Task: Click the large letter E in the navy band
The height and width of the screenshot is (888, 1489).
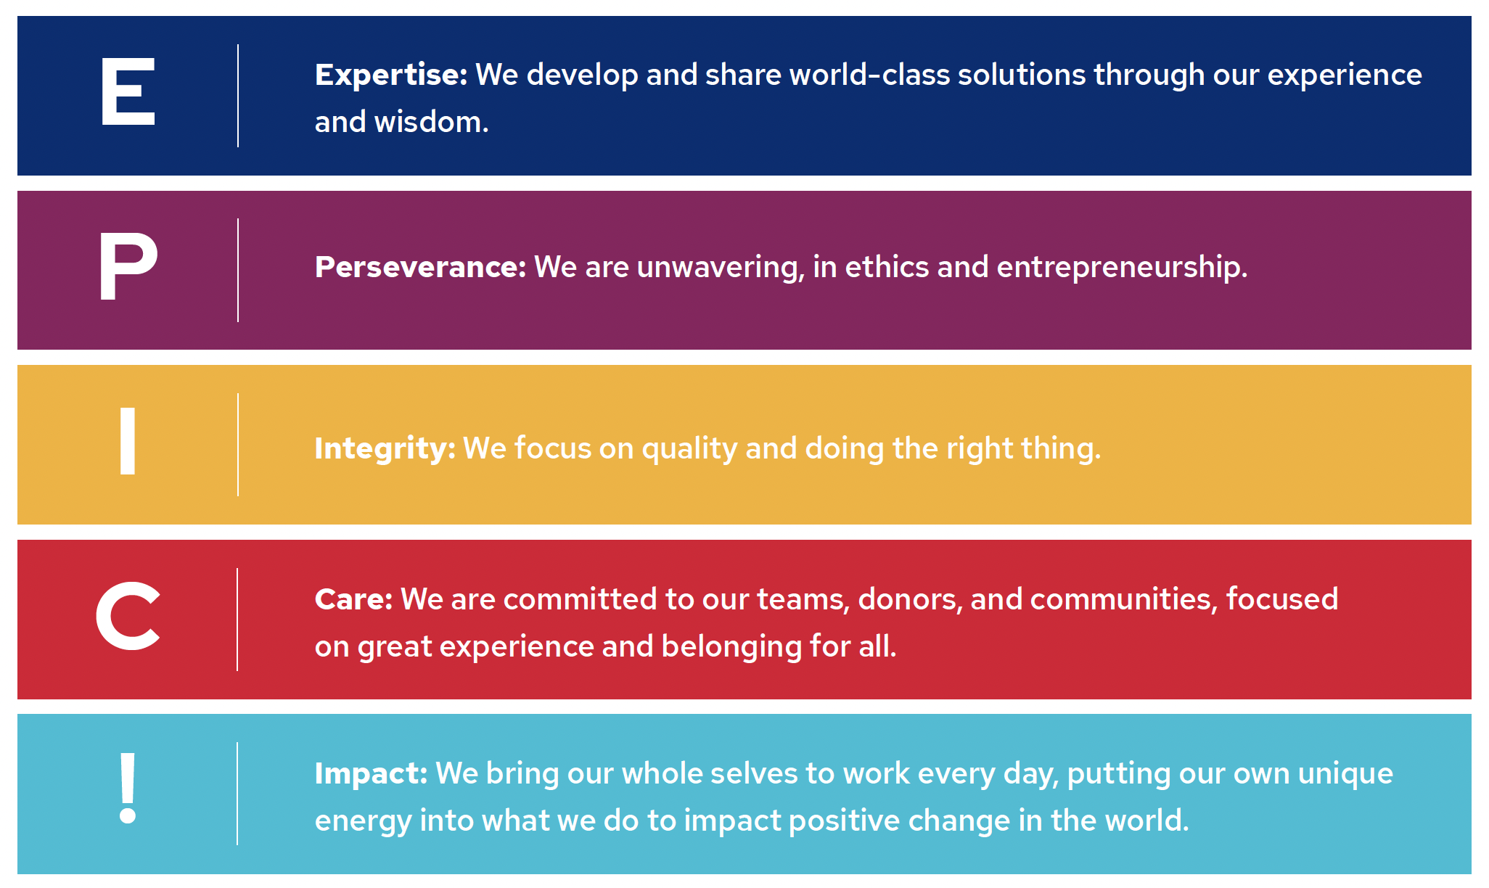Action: [128, 91]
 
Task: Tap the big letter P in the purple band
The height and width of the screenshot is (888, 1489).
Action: [128, 266]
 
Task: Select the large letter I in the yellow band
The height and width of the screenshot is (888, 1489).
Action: [128, 440]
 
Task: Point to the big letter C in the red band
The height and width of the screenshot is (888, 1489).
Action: [128, 615]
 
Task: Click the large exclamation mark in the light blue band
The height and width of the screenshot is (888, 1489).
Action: [128, 788]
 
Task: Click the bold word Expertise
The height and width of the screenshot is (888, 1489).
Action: [391, 75]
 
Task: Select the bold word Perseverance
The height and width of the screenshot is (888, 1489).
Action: [420, 267]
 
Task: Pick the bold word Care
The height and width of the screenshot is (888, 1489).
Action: [353, 600]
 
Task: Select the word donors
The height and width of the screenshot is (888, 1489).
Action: [910, 600]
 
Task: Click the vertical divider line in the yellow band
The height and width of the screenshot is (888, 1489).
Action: [237, 445]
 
